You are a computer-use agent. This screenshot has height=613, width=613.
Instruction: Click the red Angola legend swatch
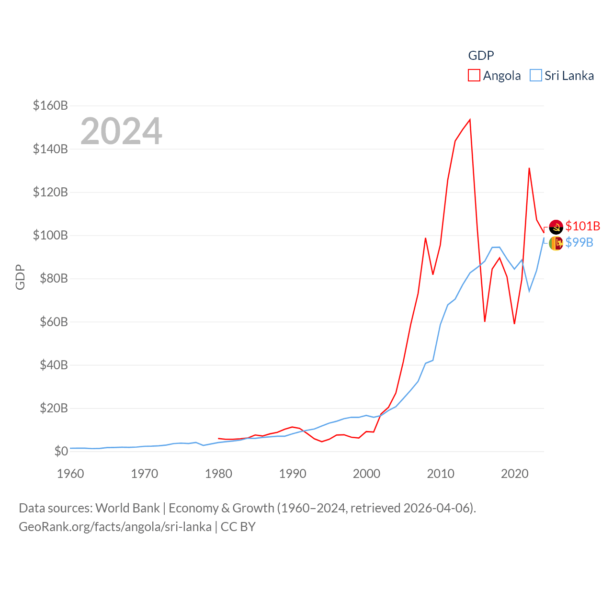click(x=474, y=76)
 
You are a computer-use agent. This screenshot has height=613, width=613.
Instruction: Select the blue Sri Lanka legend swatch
click(x=536, y=76)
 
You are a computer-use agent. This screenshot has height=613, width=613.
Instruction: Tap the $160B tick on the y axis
click(x=50, y=105)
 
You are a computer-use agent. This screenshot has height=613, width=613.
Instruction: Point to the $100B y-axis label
click(x=50, y=235)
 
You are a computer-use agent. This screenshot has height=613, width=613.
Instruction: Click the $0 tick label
click(x=61, y=451)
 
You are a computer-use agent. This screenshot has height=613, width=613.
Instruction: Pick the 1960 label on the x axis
click(x=70, y=474)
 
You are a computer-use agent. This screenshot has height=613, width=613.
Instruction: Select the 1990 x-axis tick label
click(x=293, y=474)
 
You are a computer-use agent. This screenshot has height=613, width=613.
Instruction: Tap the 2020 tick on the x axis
click(x=515, y=474)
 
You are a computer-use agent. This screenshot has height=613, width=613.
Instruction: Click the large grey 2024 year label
click(x=121, y=131)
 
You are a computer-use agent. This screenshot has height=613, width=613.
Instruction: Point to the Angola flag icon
click(x=556, y=227)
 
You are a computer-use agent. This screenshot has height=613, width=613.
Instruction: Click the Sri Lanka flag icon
click(x=556, y=243)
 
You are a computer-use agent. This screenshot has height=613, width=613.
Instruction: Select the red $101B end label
click(x=583, y=226)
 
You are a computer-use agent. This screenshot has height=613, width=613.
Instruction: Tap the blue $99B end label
click(x=579, y=242)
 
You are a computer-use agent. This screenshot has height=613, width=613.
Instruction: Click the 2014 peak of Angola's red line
click(x=470, y=120)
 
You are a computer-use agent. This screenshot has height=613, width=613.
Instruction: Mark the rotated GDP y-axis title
click(x=20, y=277)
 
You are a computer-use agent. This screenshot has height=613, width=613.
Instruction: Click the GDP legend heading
click(x=481, y=56)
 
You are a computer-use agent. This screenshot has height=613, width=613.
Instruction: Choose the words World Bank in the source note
click(x=127, y=508)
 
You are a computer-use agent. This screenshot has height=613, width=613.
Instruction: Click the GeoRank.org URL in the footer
click(x=115, y=527)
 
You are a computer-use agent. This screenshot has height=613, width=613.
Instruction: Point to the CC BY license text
click(x=238, y=527)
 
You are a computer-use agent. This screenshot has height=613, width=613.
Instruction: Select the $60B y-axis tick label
click(x=50, y=322)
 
